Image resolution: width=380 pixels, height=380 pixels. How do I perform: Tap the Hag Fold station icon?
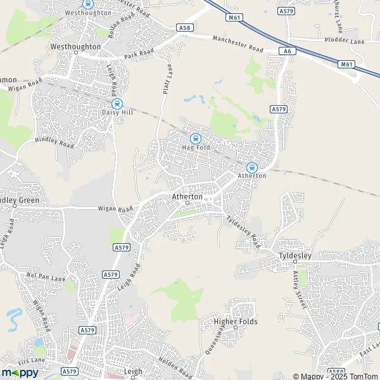(x=196, y=139)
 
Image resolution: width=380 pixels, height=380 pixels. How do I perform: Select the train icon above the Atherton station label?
(x=251, y=168)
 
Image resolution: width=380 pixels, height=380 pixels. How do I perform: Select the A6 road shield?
(x=288, y=51)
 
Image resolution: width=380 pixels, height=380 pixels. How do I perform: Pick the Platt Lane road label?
(x=167, y=79)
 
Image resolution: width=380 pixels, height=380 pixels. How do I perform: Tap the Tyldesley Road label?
(x=244, y=231)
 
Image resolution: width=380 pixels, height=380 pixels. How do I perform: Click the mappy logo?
(x=20, y=372)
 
